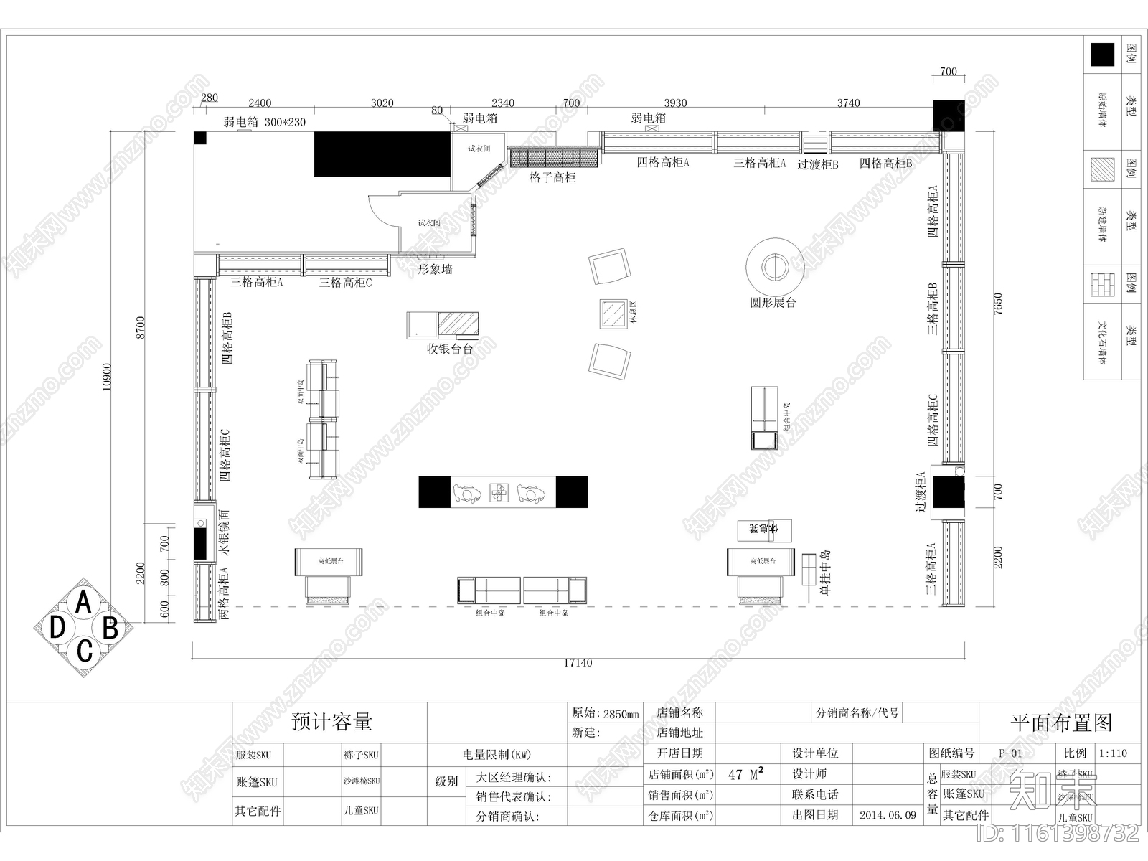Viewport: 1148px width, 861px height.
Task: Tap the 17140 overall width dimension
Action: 578,663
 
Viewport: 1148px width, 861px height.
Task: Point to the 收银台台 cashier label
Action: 450,349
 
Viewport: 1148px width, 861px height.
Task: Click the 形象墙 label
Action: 436,270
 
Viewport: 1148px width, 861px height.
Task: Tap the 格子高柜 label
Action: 552,177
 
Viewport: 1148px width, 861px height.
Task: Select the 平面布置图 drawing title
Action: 1061,723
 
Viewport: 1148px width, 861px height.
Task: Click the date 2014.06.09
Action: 888,816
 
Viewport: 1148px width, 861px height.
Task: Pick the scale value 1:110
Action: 1113,753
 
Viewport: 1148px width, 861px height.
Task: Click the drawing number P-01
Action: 1010,753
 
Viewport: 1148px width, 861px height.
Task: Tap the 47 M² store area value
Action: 745,774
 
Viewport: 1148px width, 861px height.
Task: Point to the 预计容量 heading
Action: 331,722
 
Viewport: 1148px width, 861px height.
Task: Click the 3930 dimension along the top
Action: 675,103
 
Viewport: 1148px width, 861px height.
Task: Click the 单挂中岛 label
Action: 825,573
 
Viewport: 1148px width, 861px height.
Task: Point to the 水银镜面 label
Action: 225,533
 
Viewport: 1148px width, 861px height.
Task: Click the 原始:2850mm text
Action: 605,714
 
